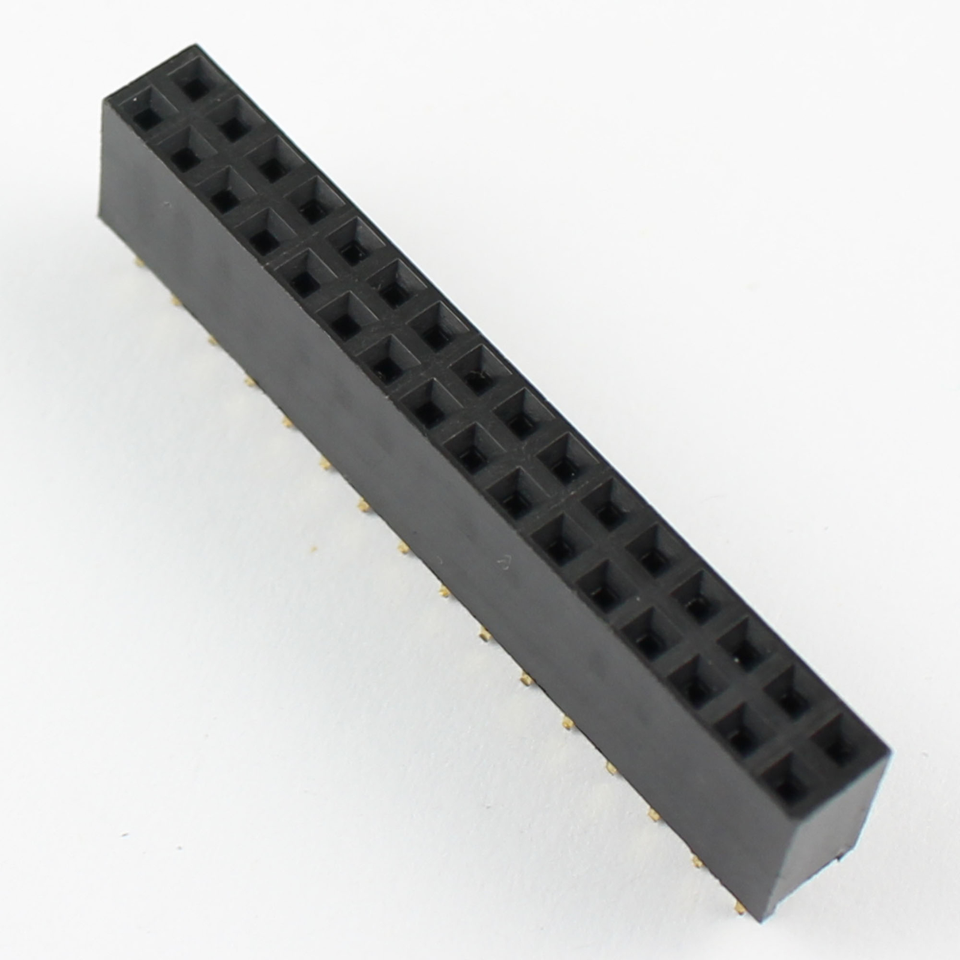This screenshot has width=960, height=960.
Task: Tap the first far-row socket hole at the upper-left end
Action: tap(193, 85)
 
